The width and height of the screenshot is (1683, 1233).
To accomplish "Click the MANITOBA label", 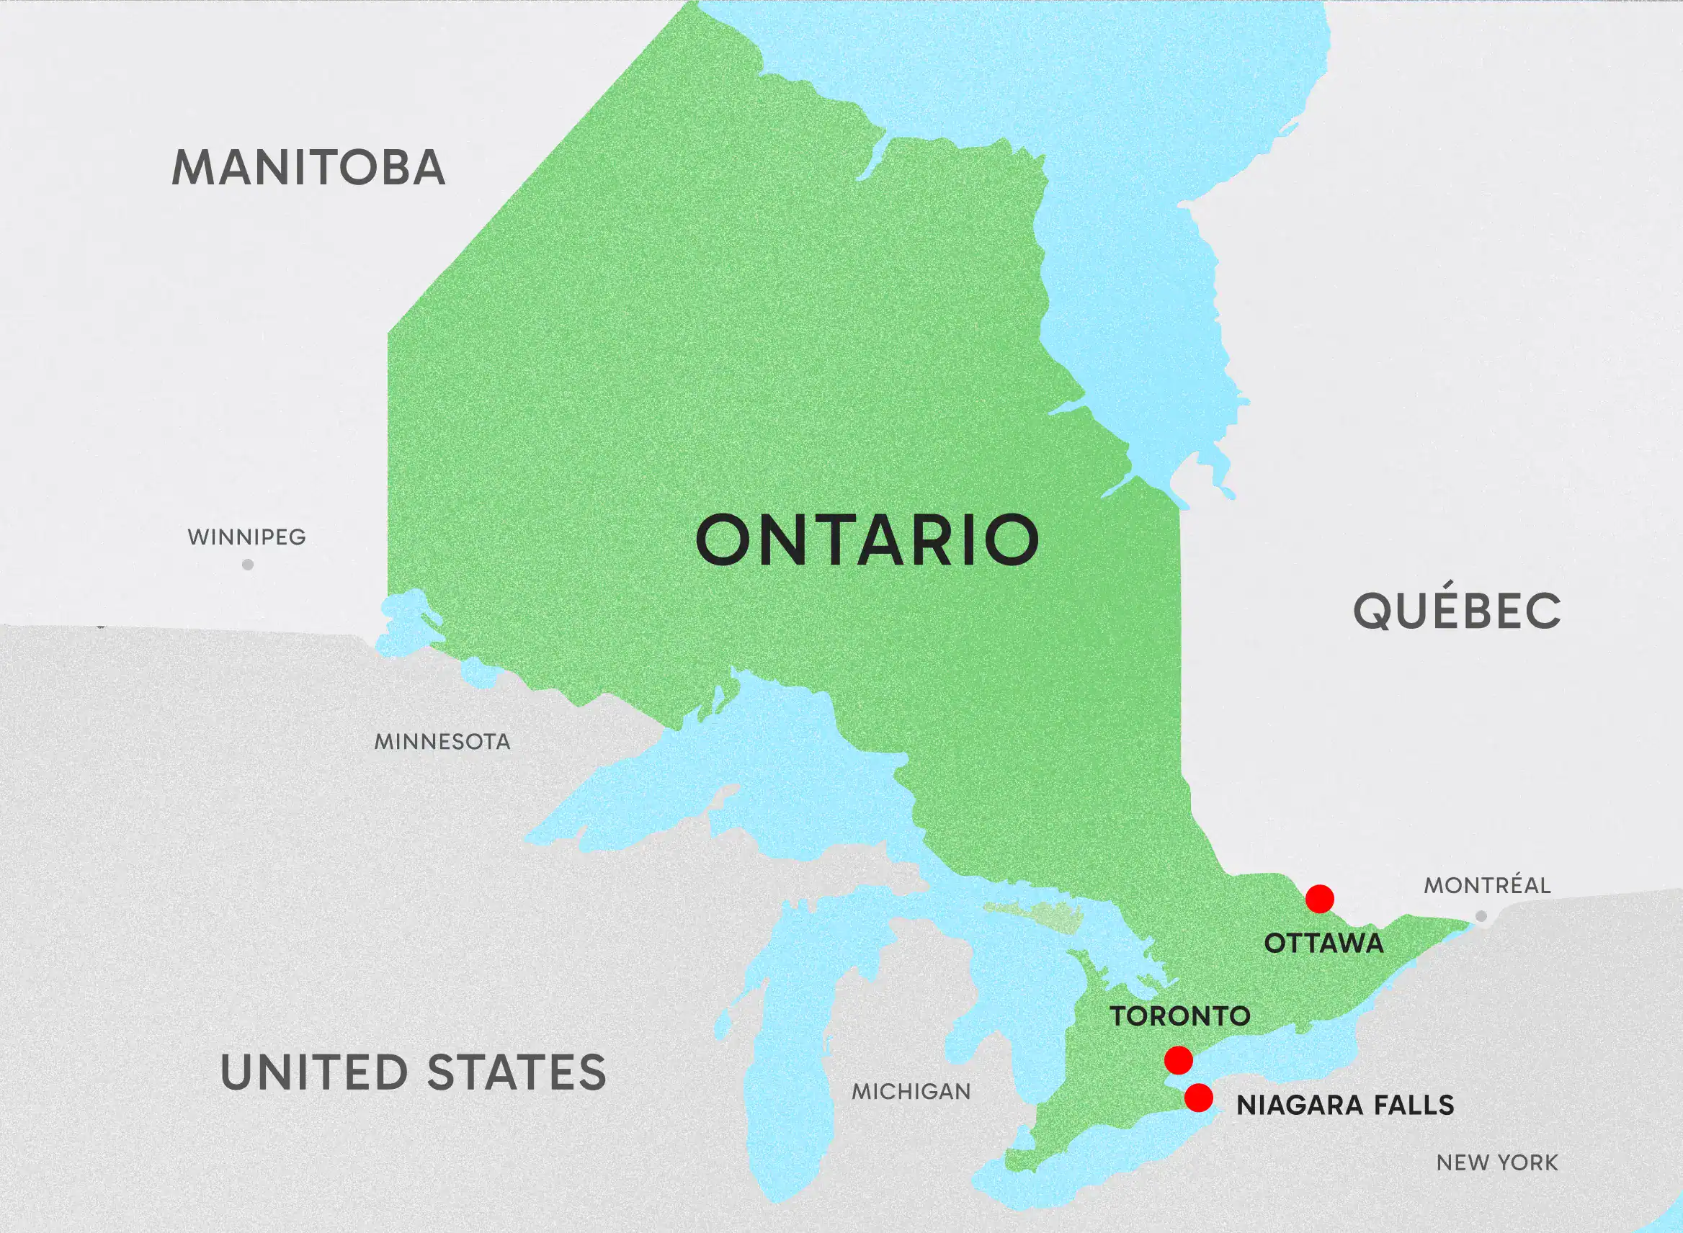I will [308, 168].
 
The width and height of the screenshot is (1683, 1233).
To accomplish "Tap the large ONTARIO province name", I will [867, 539].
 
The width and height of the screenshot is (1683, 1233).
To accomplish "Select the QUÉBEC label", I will [1457, 610].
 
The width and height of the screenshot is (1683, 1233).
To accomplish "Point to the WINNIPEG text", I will [246, 537].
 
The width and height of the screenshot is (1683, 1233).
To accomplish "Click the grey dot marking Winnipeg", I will [248, 565].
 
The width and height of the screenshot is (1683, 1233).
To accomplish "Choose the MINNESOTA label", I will [442, 742].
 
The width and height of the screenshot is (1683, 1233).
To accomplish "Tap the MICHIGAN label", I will [911, 1092].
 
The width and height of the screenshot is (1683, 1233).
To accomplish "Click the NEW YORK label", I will [1497, 1162].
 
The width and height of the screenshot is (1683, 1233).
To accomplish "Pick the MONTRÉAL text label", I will [1487, 886].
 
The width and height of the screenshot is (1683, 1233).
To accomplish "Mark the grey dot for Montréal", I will [1481, 916].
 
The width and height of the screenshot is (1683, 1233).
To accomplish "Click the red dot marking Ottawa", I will [1320, 899].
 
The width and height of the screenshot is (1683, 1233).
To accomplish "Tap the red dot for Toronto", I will [1178, 1060].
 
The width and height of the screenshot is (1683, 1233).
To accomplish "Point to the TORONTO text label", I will [1179, 1015].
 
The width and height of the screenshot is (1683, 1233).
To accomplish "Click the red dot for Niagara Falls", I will [1198, 1098].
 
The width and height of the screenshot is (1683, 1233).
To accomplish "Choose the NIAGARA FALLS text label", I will [1345, 1106].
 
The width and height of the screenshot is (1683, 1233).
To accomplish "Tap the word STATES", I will [517, 1072].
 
